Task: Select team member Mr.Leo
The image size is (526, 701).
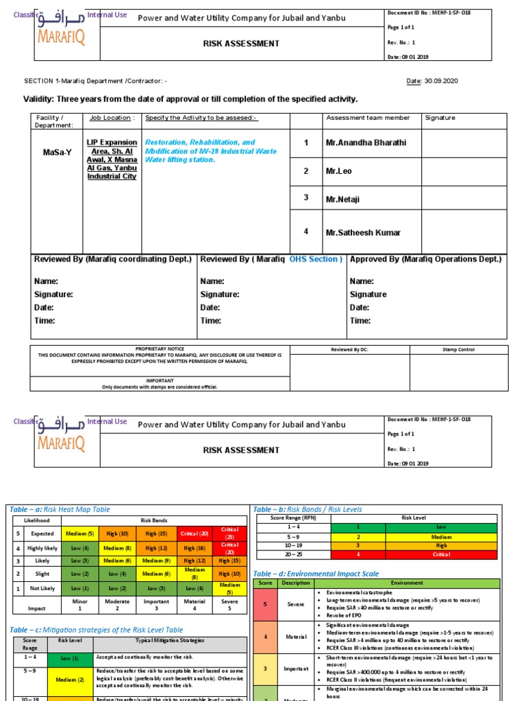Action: pyautogui.click(x=338, y=171)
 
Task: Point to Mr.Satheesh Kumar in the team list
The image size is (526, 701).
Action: pyautogui.click(x=363, y=232)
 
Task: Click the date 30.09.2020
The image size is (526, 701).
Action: pyautogui.click(x=442, y=81)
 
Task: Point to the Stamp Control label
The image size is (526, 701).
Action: pyautogui.click(x=458, y=350)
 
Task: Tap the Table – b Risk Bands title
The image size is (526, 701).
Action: pyautogui.click(x=308, y=509)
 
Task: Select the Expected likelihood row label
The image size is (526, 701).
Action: pyautogui.click(x=42, y=533)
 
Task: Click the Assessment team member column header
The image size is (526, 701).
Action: pyautogui.click(x=368, y=118)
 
